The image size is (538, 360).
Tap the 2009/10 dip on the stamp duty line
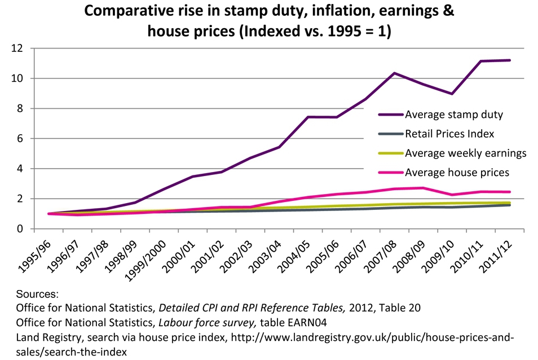point(452,94)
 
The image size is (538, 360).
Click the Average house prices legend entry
point(457,172)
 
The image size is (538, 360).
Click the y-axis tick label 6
point(21,138)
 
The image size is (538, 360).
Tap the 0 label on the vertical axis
point(21,229)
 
